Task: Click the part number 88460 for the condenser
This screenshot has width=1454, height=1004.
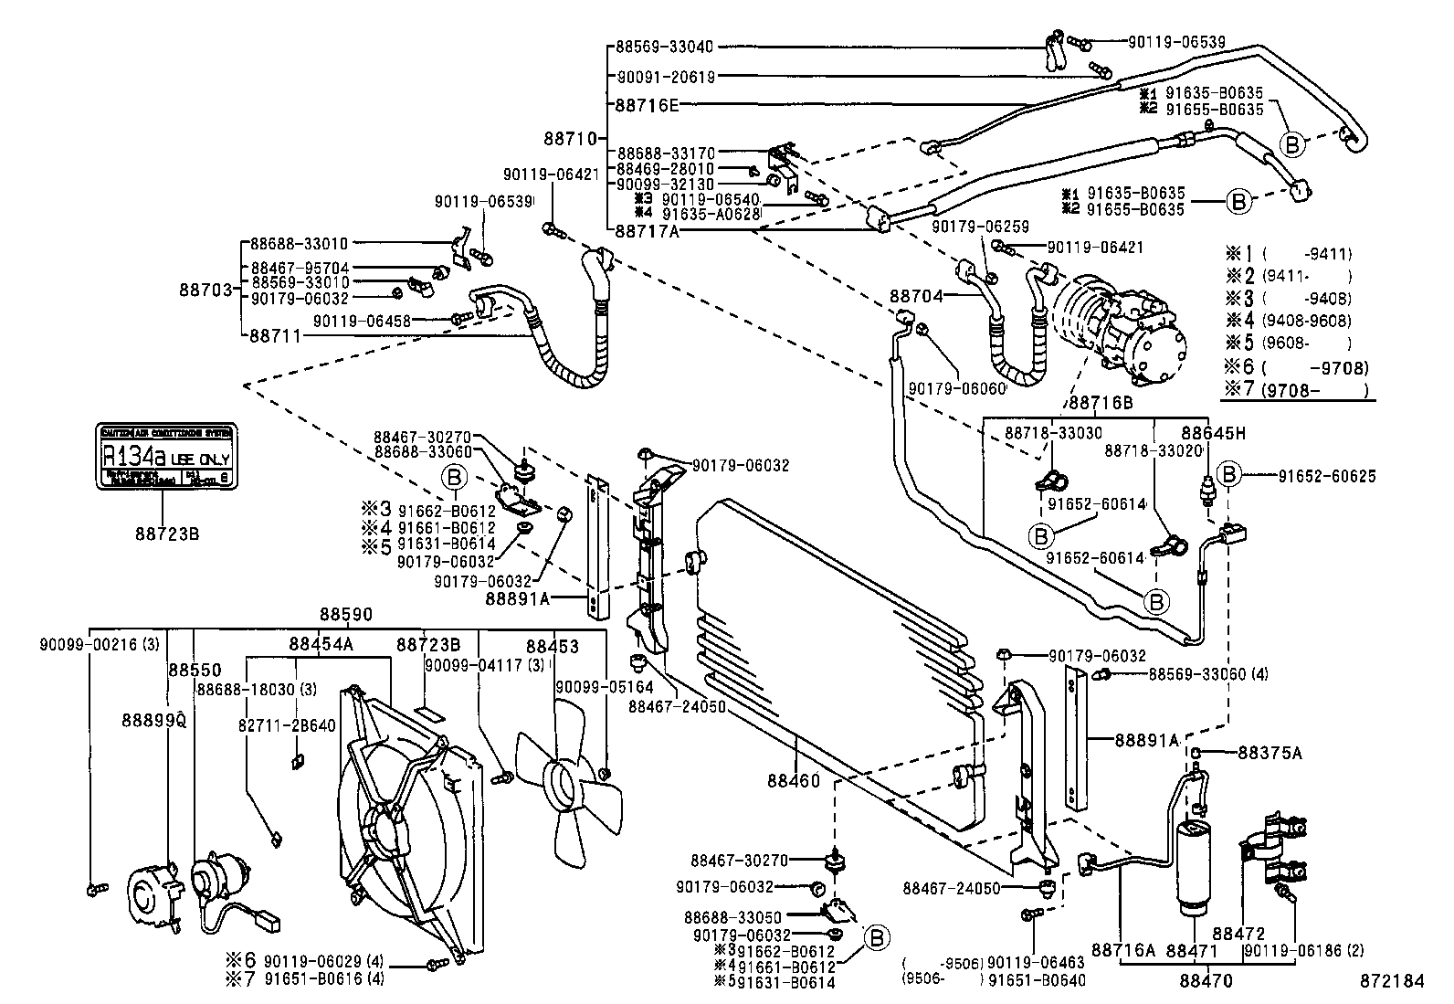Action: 794,781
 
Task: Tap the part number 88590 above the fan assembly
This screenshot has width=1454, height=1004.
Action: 345,614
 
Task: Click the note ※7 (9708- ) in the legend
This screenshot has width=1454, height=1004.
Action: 1298,391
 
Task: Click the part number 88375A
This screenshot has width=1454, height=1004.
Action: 1270,753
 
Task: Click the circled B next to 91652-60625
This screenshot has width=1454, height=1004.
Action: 1230,473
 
